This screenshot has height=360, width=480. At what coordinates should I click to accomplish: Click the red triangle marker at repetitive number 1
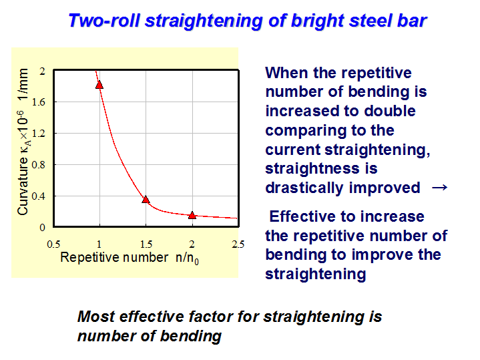(99, 85)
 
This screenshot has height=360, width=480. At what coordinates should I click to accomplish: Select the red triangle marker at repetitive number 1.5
(146, 200)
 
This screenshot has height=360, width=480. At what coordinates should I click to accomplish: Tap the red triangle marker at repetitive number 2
(192, 215)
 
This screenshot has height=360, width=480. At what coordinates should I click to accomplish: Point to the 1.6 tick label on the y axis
(39, 102)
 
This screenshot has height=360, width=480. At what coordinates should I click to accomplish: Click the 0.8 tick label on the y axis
(39, 165)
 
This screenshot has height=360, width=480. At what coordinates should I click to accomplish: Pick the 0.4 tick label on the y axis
(39, 196)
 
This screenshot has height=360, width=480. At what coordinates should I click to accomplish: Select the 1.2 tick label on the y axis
(39, 134)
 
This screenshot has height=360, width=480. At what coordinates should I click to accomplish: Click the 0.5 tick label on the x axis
(53, 244)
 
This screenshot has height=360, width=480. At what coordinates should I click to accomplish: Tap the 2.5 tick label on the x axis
(238, 244)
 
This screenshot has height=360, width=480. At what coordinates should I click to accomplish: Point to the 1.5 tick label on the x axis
(146, 244)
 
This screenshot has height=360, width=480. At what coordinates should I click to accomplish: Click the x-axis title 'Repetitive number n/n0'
(130, 258)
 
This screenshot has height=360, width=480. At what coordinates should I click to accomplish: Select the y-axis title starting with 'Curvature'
(23, 142)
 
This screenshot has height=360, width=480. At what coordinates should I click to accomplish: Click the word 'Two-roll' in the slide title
(104, 21)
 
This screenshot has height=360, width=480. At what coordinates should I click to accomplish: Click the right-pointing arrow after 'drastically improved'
(439, 187)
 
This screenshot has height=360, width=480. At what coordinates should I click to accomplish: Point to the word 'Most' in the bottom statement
(96, 317)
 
